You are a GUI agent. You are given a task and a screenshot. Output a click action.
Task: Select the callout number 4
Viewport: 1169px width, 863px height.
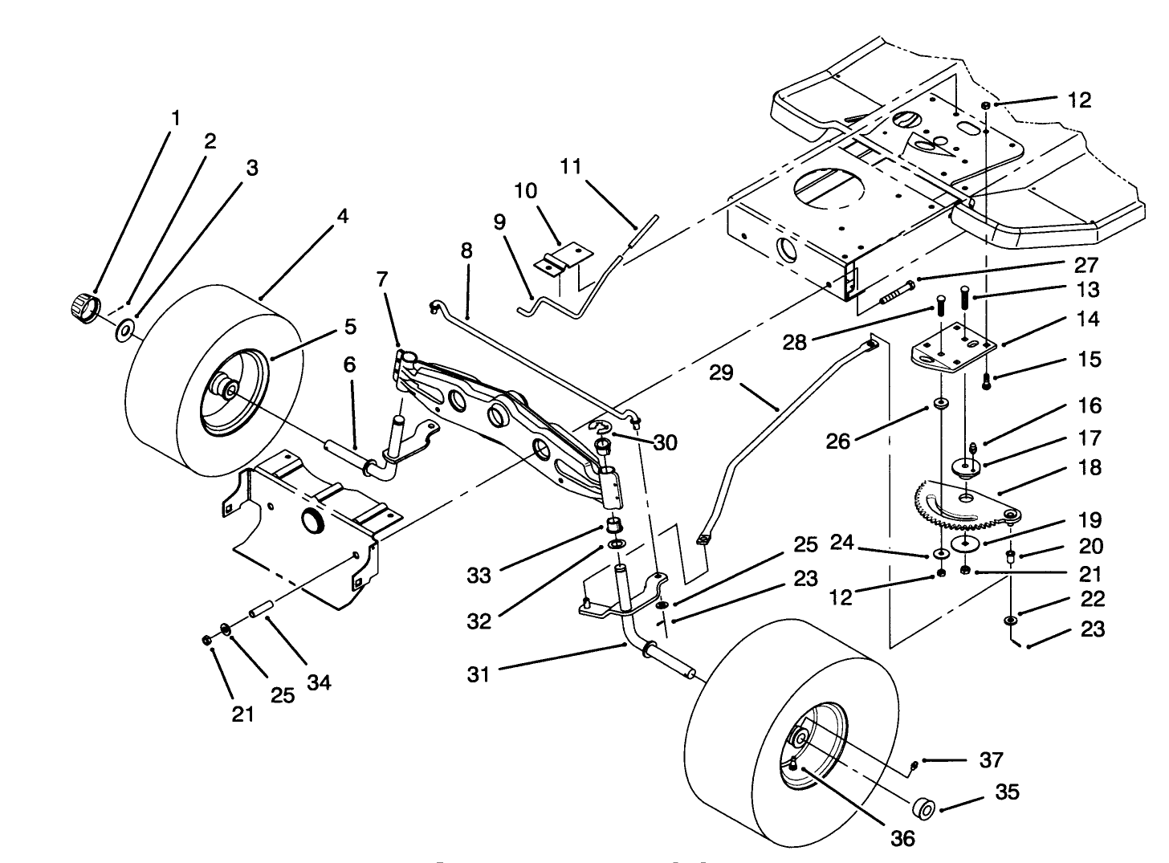coord(343,216)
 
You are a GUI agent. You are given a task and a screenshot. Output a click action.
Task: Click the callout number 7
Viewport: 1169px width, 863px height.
coord(382,279)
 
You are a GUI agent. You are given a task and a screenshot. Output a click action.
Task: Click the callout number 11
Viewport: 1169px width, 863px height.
coord(571,167)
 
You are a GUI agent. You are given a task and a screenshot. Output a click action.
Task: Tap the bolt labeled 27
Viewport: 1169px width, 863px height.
coord(896,291)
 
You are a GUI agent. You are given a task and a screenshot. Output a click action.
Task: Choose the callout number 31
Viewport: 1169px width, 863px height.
coord(479,675)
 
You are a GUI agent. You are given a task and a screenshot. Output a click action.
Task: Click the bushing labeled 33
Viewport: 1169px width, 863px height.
coord(614,527)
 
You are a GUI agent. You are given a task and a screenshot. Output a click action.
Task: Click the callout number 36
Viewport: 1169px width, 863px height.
coord(903,838)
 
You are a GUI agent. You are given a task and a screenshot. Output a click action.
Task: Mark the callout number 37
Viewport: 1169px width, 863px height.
coord(992,759)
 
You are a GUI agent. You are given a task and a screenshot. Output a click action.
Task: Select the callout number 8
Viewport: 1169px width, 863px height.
coord(466,250)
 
